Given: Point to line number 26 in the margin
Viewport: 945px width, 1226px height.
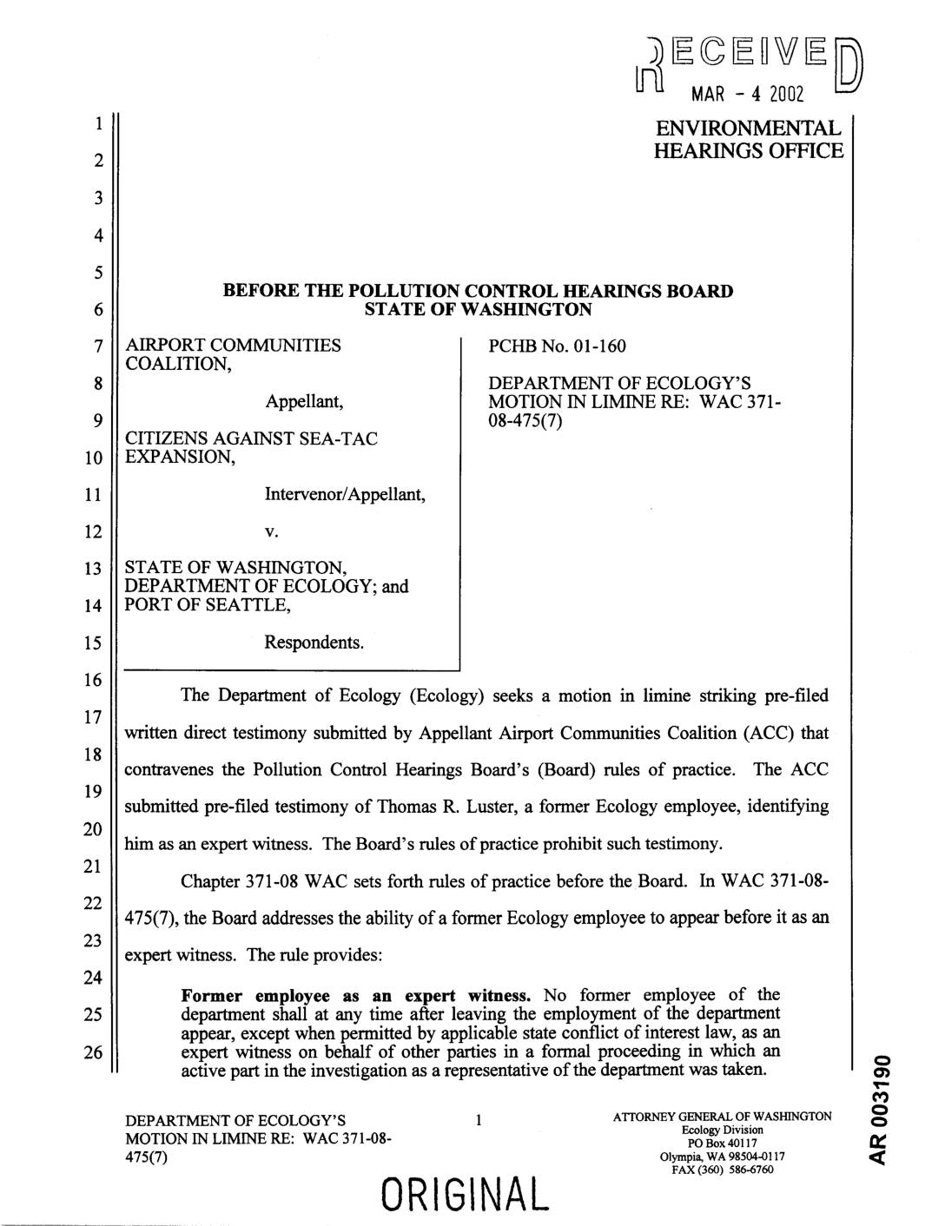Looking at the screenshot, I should tap(99, 1052).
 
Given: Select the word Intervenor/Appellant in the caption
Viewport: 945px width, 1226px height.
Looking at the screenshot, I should tap(345, 495).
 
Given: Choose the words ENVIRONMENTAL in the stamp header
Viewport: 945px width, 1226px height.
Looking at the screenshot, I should tap(749, 129).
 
